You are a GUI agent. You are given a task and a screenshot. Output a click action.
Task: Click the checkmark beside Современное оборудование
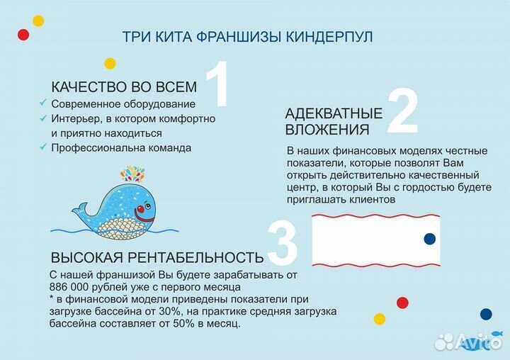42,103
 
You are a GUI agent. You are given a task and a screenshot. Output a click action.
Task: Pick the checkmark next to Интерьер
42,118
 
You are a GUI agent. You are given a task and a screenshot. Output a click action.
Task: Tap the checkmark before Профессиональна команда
42,148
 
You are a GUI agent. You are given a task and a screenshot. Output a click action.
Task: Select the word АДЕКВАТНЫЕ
334,113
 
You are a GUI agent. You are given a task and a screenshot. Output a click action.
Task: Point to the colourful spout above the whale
132,174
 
